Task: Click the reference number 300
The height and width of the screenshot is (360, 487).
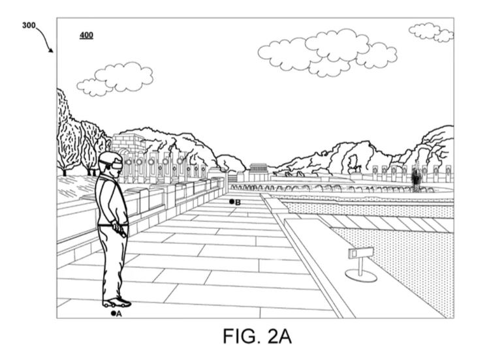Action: click(29, 25)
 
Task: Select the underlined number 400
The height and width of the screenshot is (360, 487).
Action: click(86, 35)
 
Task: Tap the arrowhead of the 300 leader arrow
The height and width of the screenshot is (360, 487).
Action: click(51, 50)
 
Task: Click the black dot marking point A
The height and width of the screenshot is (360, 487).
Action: click(114, 314)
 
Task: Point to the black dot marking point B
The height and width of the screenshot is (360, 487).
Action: click(231, 202)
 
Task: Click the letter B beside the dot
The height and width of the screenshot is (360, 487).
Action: click(238, 203)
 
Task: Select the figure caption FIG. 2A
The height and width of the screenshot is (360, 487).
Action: click(257, 336)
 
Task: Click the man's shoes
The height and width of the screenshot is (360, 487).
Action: click(116, 303)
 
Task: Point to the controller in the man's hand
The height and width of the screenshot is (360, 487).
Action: click(119, 230)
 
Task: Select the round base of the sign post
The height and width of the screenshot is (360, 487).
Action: click(361, 276)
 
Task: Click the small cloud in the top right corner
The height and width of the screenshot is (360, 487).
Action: click(431, 32)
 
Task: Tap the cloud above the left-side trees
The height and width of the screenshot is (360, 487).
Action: click(115, 79)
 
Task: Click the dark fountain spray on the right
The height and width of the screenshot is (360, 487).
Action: click(415, 178)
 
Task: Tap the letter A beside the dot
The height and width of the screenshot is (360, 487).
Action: click(119, 314)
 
